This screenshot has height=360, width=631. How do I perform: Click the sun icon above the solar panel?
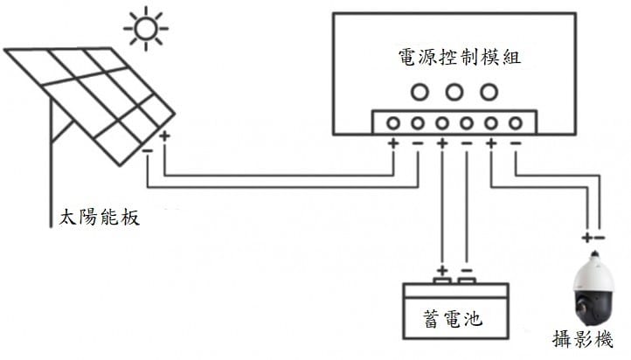146,29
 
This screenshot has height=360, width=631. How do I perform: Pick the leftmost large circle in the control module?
419,91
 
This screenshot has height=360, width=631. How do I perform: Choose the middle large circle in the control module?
454,91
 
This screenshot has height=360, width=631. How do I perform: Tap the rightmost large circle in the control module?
489,91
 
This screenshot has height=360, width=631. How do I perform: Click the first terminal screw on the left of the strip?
393,123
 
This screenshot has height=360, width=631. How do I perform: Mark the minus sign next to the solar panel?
147,149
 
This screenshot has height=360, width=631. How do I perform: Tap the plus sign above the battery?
442,270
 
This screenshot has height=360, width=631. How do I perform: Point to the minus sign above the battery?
466,270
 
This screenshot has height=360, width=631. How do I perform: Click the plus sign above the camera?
586,236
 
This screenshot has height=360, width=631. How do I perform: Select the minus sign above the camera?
600,236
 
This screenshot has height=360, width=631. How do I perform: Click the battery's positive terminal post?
442,281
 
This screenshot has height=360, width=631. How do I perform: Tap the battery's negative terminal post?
467,281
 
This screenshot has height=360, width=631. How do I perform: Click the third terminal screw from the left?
442,123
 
